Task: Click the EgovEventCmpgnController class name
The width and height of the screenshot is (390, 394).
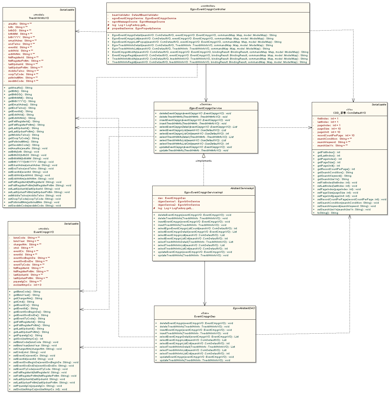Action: pos(208,9)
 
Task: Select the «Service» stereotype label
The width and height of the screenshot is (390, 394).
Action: pos(206,104)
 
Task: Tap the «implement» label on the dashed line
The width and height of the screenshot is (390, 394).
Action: pos(204,161)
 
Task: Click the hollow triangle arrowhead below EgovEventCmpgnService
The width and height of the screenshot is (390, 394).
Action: pos(204,156)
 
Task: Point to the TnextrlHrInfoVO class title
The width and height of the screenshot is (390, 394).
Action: pos(39,18)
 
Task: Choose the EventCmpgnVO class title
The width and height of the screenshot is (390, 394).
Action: pos(44,232)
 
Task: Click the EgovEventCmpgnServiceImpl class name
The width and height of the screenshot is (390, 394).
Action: pos(203,192)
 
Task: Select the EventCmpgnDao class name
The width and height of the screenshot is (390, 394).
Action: pos(205,317)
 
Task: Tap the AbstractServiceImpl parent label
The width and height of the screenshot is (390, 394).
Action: pos(242,188)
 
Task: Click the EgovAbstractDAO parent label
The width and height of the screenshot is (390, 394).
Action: pos(244,308)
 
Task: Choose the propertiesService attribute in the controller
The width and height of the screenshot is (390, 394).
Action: pos(136,28)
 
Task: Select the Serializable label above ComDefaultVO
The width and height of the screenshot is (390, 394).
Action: pos(379,105)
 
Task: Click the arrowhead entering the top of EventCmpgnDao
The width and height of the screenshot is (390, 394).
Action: pos(205,304)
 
